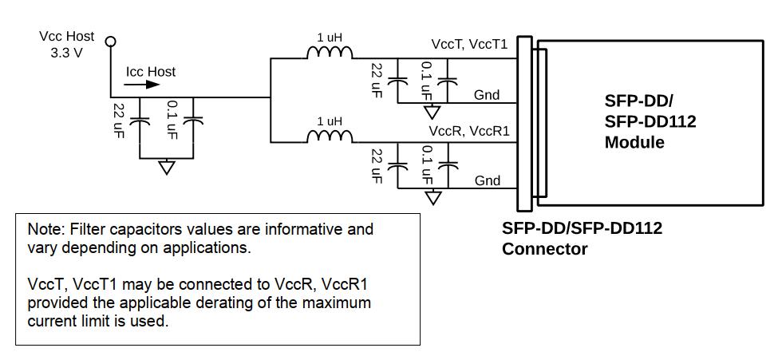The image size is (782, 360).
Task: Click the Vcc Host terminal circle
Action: pos(111,42)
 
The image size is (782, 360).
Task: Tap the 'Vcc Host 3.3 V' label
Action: pos(67,43)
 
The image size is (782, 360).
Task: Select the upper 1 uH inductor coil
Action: pos(330,53)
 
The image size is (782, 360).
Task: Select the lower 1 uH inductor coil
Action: pos(330,136)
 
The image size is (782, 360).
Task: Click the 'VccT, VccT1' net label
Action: pos(468,45)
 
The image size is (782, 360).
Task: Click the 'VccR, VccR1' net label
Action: pos(468,130)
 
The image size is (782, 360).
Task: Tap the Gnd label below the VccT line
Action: pos(487,95)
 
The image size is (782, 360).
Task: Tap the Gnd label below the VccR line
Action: pos(487,180)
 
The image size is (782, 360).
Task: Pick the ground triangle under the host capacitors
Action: pos(166,168)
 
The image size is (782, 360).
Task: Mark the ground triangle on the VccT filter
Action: pos(432,113)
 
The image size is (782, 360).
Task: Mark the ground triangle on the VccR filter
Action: pos(432,196)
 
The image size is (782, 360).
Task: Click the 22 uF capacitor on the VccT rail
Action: pos(397,80)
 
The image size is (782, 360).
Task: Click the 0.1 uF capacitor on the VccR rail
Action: pos(449,165)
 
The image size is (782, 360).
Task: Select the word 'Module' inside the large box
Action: pos(634,143)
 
